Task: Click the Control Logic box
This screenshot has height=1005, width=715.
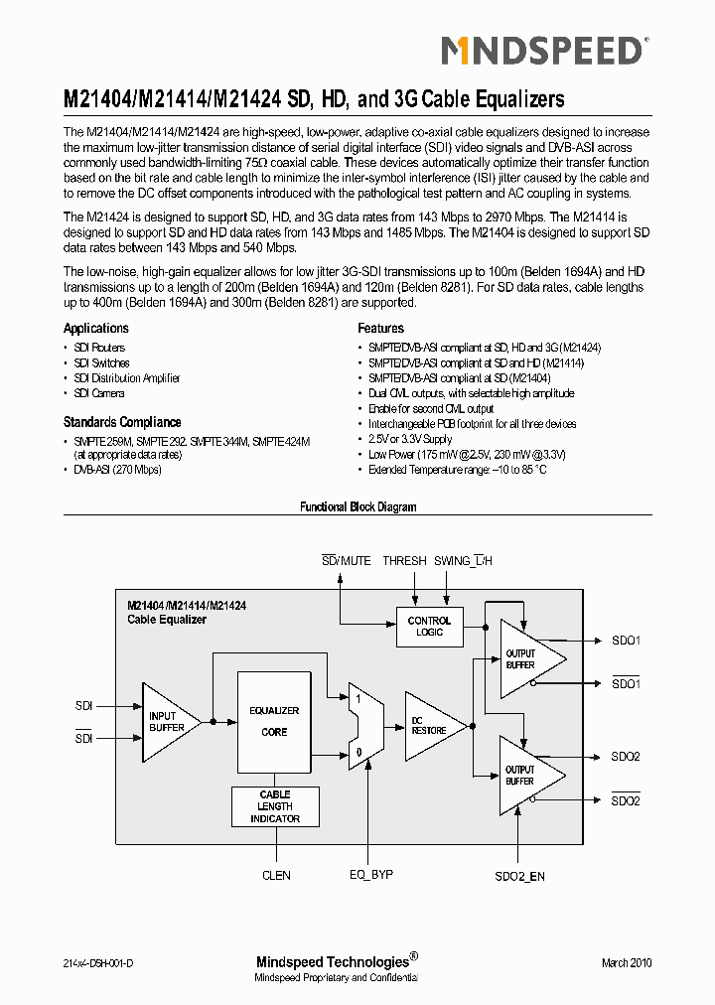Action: coord(429,626)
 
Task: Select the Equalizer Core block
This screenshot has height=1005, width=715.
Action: coord(273,721)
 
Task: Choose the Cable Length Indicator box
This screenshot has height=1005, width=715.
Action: coord(275,806)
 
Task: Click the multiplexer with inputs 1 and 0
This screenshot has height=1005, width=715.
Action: coord(360,726)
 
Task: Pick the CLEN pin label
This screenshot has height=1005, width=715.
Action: coord(276,875)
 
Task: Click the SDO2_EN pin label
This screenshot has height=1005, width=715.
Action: coord(519,876)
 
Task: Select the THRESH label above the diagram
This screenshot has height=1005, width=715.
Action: coord(404,561)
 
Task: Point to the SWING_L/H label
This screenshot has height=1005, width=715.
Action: coord(463,561)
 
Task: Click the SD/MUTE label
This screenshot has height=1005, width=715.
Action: coord(347,561)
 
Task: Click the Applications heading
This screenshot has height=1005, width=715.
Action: coord(96,329)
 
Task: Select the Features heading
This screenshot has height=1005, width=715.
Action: coord(380,329)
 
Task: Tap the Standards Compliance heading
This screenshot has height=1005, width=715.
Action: coord(122,422)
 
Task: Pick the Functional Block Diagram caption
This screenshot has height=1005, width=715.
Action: coord(357,507)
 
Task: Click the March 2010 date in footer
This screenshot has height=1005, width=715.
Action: coord(627,963)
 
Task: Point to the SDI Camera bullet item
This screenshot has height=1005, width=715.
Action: coord(99,393)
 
